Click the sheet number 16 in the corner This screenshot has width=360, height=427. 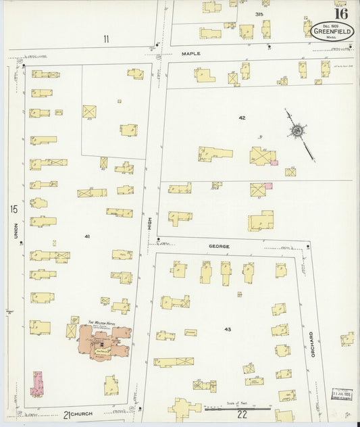pos(341,13)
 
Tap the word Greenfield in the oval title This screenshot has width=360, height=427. pos(331,30)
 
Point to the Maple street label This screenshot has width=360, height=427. pos(192,53)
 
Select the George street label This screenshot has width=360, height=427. pos(219,247)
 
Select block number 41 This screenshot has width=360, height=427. pos(87,236)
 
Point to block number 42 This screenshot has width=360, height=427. pos(241,118)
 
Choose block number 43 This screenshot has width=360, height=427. pos(228,329)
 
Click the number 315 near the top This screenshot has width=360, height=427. pos(259,14)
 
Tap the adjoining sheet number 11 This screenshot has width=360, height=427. pos(106,39)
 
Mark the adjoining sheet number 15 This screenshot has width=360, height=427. pos(13,209)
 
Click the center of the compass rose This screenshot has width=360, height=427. pos(296,128)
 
